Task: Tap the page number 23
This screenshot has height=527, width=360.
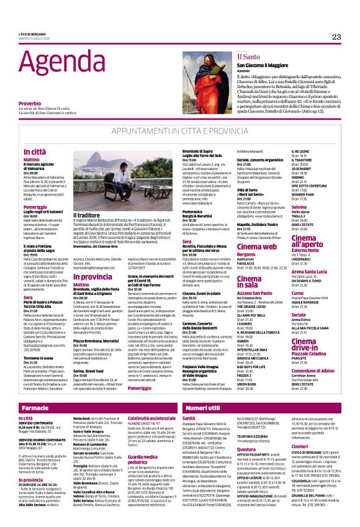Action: [x=336, y=37]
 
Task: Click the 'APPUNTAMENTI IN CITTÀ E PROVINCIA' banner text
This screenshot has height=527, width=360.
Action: [x=179, y=132]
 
